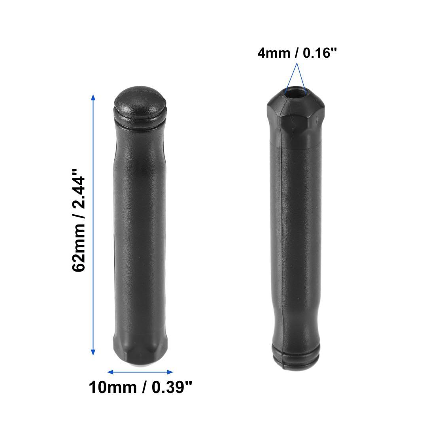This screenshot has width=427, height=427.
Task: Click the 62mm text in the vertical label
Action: [x=78, y=247]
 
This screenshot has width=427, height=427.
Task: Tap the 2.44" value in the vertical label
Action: [x=78, y=188]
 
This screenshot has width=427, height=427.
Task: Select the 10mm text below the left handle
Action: [x=112, y=387]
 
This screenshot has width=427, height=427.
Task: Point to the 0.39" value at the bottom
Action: [x=172, y=387]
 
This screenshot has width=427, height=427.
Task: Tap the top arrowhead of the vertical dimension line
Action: [x=93, y=98]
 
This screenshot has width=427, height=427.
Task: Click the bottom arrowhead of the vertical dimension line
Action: [x=93, y=352]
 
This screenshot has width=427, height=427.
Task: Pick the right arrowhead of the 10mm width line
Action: [x=170, y=372]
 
